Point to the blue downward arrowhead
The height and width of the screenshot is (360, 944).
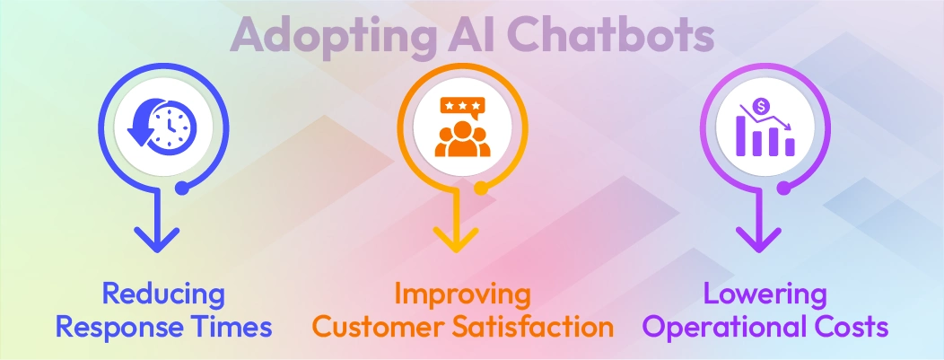tap(160, 239)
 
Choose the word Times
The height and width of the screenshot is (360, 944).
tap(232, 327)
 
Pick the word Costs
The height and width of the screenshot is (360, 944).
tap(847, 327)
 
